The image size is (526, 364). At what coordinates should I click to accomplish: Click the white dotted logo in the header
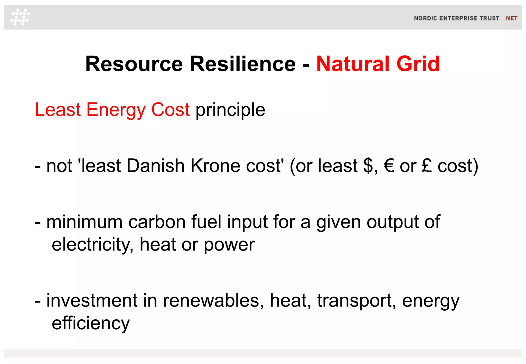click(x=20, y=17)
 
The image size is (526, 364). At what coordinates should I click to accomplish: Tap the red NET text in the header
click(x=511, y=18)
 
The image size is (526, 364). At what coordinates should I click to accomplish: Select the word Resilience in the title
click(x=243, y=64)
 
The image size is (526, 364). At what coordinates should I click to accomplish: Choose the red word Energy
click(x=116, y=110)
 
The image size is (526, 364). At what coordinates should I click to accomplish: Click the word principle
click(x=230, y=110)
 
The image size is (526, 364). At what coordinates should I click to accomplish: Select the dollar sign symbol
click(x=368, y=166)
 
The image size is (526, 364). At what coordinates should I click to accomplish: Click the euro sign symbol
click(x=389, y=166)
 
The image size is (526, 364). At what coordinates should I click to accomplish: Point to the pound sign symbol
click(x=427, y=166)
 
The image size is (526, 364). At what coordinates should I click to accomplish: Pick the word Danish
click(x=156, y=166)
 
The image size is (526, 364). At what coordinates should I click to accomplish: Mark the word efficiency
click(x=91, y=323)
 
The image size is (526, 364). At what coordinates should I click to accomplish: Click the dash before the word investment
click(x=38, y=301)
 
